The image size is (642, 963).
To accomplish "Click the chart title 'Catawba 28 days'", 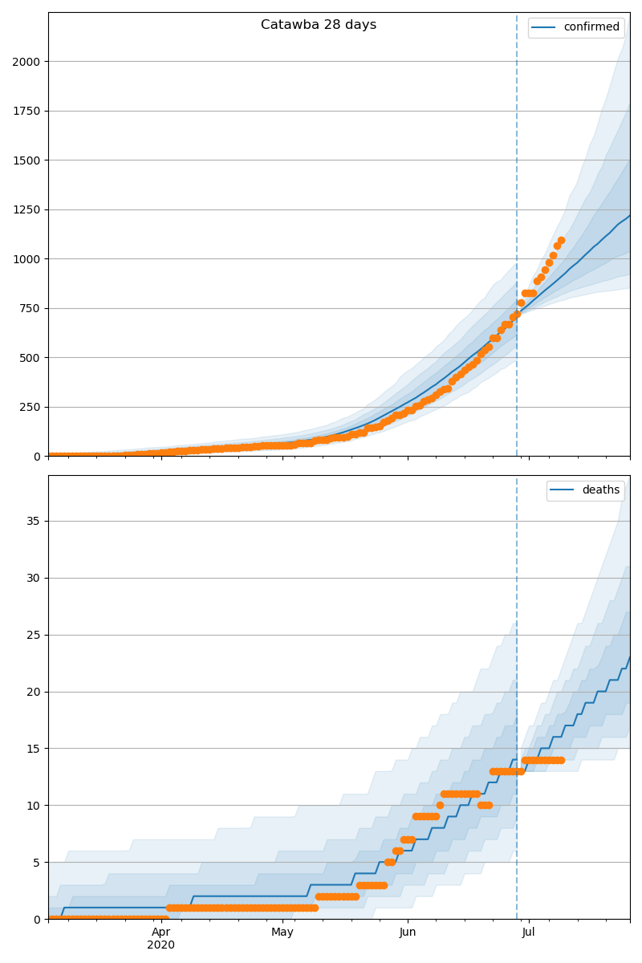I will [x=319, y=25].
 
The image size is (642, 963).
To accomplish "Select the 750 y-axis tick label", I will [x=30, y=308].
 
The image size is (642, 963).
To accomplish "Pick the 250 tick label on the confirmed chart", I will [x=30, y=407].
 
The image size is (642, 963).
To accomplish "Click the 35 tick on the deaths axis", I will [x=33, y=521].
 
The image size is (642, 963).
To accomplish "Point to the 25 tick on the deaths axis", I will [x=33, y=635].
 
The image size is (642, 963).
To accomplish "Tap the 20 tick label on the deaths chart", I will [x=33, y=692].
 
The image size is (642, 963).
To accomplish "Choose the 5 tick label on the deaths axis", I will [x=36, y=863].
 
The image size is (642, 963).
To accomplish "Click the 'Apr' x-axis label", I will [x=161, y=933].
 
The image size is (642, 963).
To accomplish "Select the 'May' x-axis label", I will [x=282, y=933].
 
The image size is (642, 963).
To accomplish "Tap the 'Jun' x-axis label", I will [x=408, y=933].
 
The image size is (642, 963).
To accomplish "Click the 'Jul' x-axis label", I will [x=529, y=933].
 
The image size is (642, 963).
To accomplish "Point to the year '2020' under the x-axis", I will [x=161, y=945].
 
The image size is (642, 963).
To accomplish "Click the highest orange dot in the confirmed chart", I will [x=561, y=240].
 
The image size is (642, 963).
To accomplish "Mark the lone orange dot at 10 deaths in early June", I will [x=440, y=805].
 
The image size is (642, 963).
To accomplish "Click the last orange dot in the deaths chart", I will [x=561, y=760].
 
